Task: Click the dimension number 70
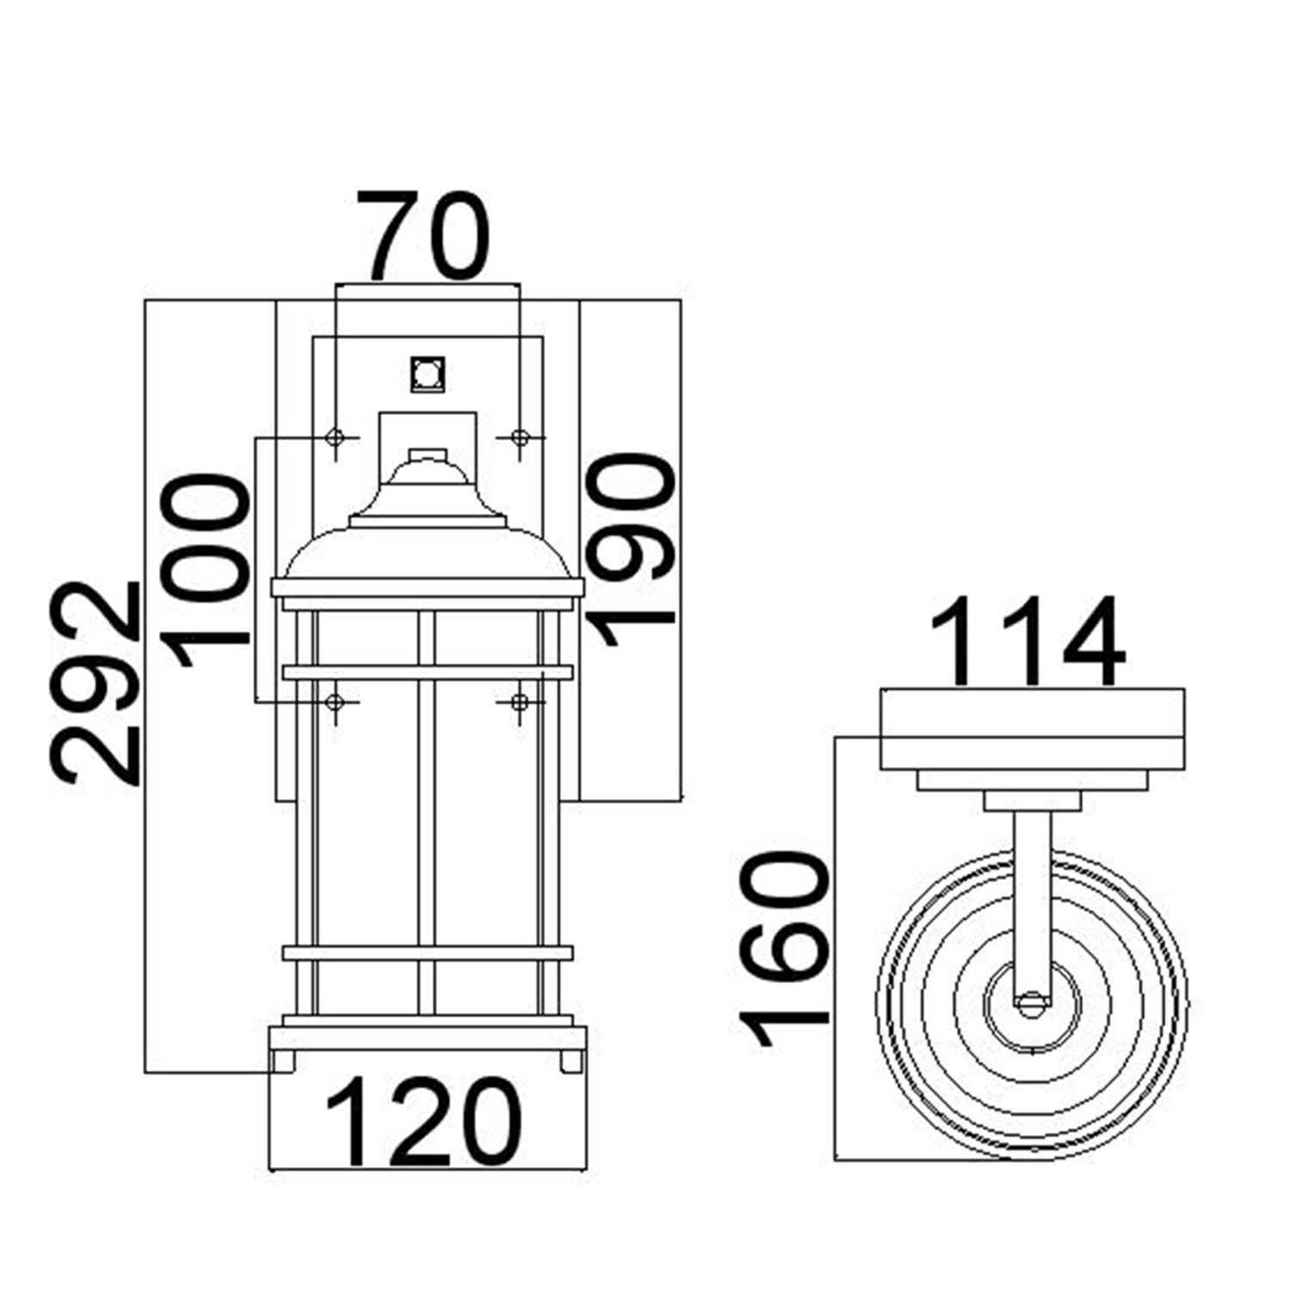tap(423, 235)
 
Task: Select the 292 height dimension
tap(95, 683)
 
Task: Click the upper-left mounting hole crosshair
tap(336, 437)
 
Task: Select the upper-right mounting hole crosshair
tap(518, 437)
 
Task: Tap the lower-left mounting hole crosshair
tap(336, 702)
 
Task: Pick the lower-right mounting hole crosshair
tap(518, 702)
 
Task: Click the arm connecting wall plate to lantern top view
tap(1030, 894)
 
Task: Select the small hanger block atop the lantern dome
tap(427, 455)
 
